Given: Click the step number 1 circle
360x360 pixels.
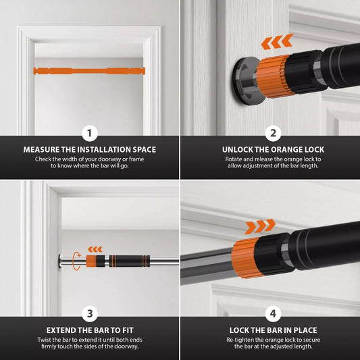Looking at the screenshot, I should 90,132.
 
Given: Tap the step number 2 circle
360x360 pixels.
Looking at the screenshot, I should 270,132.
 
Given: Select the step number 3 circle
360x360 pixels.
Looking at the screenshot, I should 90,313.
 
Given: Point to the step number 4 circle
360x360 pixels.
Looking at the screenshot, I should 270,313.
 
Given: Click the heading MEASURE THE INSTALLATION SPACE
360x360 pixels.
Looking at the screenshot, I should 90,149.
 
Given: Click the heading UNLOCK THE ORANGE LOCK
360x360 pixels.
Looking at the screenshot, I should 270,149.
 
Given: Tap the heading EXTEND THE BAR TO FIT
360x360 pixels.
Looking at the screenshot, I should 90,330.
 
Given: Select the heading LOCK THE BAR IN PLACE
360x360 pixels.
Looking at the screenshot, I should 270,330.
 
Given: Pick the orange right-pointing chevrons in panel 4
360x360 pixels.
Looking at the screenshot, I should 260,225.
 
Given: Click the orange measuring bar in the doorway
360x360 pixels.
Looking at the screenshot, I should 89,69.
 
